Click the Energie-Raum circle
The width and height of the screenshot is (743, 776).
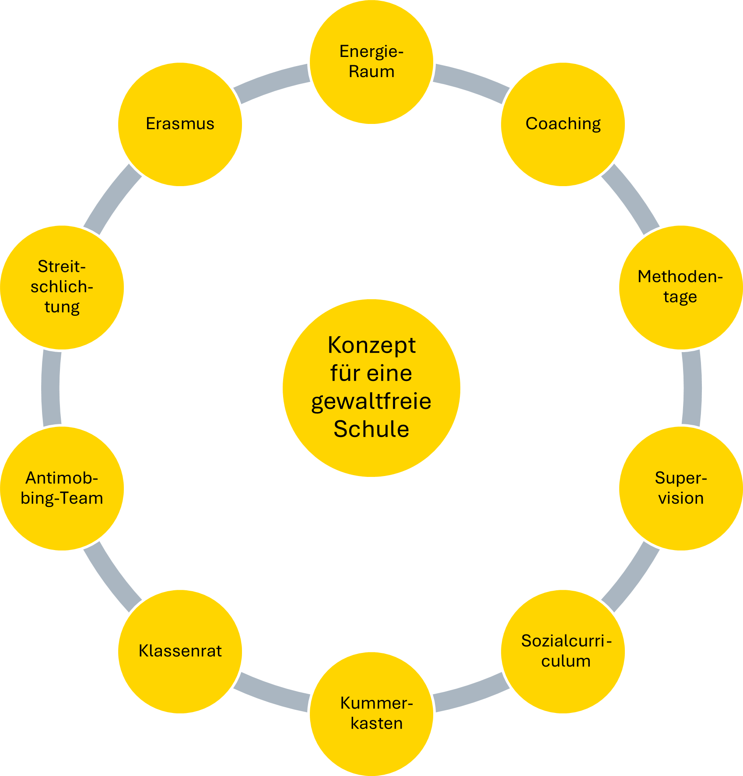371,62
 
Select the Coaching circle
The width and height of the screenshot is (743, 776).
563,124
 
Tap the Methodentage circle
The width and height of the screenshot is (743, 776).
681,287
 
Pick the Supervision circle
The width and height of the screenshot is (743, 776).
681,488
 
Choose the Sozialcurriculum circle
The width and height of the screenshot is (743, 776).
563,651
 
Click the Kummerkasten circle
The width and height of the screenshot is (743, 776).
371,714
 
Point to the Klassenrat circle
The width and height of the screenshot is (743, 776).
180,651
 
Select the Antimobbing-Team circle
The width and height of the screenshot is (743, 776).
62,488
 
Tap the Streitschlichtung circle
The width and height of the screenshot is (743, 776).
62,287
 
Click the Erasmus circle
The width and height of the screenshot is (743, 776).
180,124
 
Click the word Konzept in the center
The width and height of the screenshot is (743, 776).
371,346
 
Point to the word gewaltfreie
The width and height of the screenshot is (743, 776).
371,401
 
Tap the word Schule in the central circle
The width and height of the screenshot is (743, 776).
371,429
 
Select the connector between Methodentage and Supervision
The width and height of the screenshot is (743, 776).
692,388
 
